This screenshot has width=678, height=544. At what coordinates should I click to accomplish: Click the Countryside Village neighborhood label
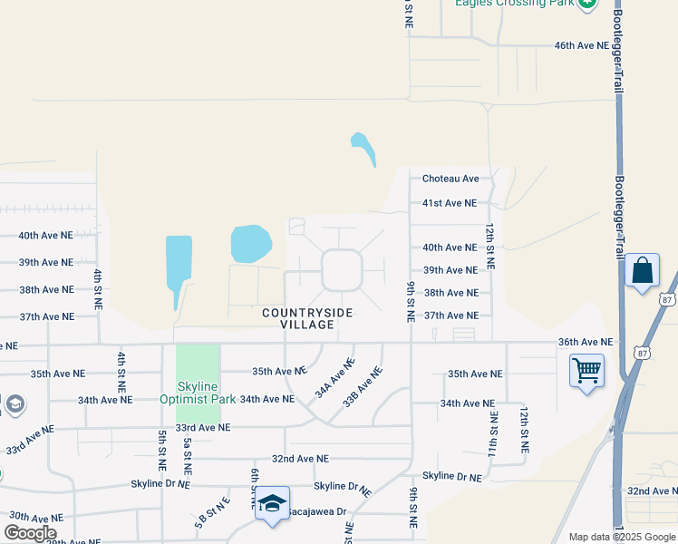tap(307, 318)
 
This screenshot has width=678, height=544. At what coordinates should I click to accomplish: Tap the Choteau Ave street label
tap(450, 180)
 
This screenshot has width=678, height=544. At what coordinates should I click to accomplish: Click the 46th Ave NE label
tap(584, 45)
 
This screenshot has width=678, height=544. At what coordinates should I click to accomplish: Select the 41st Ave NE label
tap(450, 203)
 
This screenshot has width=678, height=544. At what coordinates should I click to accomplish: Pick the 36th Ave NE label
tap(586, 342)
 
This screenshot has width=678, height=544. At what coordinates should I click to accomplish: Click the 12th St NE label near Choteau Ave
tap(489, 246)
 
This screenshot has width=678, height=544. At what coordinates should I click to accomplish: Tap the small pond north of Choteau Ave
tap(363, 149)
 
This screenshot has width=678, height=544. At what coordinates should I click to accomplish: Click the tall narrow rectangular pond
tap(179, 271)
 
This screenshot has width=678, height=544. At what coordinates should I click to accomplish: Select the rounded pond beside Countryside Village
tap(251, 243)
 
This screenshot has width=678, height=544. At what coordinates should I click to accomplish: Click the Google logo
tap(30, 533)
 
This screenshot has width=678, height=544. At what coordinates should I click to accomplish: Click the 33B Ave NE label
tap(362, 384)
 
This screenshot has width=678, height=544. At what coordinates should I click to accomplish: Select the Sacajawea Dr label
tap(317, 511)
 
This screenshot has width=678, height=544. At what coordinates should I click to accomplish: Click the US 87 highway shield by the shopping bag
tap(668, 299)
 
